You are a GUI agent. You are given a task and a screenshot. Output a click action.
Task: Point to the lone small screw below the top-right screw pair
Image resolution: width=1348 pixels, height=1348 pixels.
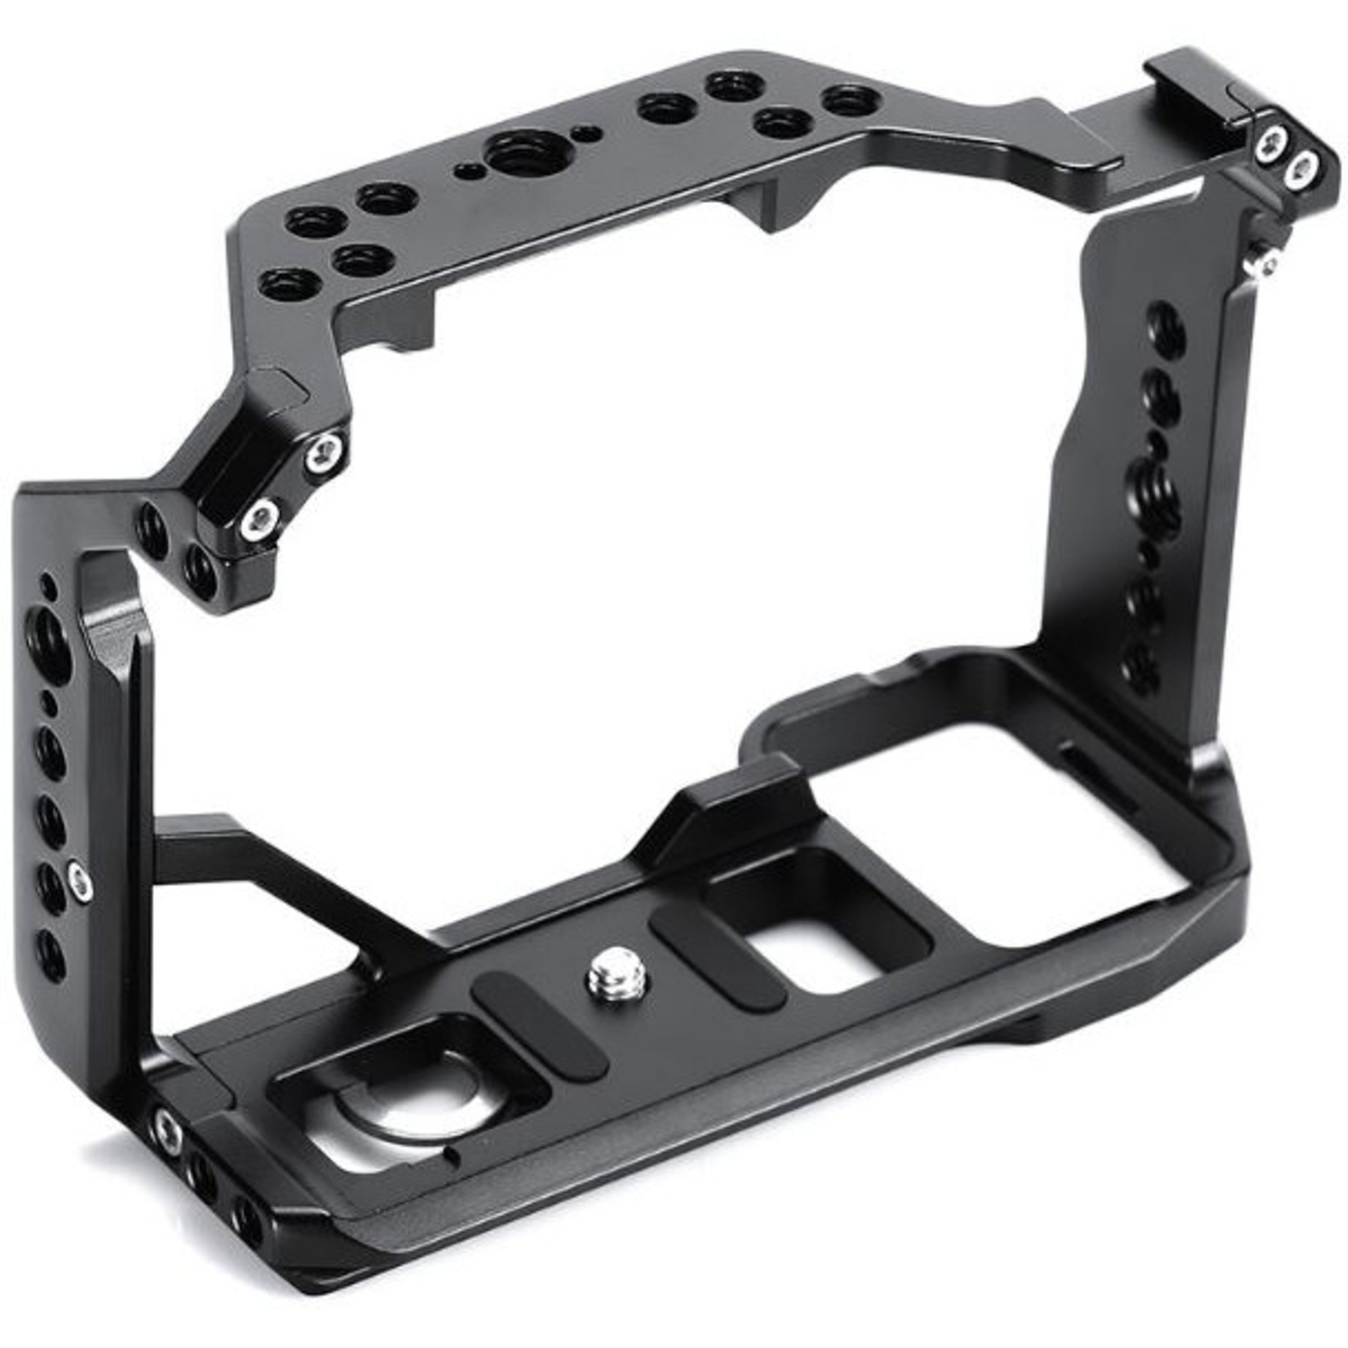tap(1267, 261)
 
